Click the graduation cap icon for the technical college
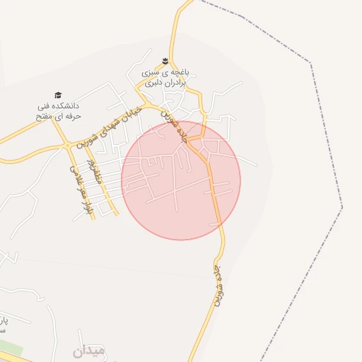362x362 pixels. [x=58, y=95]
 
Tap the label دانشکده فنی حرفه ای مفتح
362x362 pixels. [x=59, y=111]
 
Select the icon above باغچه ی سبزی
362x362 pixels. [x=165, y=60]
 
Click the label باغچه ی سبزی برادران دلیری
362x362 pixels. [x=165, y=78]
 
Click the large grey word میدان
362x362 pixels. [x=88, y=350]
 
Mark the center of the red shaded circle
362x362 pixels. [x=181, y=180]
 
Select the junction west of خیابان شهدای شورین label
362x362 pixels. [x=68, y=144]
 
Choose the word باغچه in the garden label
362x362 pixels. [x=187, y=73]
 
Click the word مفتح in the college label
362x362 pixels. [x=47, y=116]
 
